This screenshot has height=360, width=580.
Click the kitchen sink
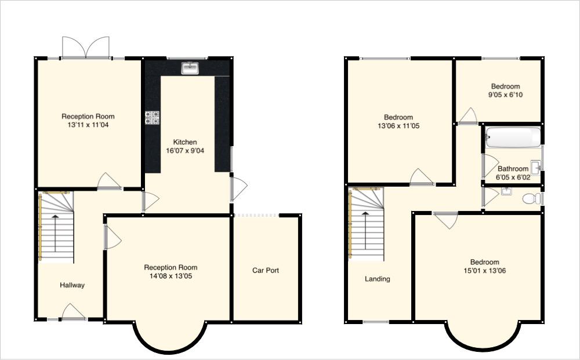click(190, 68)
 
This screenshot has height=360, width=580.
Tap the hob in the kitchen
click(152, 118)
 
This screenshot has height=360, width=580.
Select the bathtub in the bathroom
click(513, 137)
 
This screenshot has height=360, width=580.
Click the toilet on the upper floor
click(532, 199)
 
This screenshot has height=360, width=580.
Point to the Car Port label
click(266, 270)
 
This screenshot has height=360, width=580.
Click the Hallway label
click(72, 285)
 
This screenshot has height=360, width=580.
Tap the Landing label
click(378, 279)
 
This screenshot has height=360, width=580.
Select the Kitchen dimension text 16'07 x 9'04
click(185, 150)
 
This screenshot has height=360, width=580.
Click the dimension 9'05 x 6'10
click(506, 94)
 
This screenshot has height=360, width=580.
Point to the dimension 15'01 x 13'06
click(484, 271)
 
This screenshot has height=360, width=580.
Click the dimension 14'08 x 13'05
click(171, 276)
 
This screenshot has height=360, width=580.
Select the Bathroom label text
click(513, 169)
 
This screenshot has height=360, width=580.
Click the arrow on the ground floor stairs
click(55, 233)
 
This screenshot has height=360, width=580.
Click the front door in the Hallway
click(73, 312)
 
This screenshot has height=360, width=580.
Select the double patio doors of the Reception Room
click(86, 48)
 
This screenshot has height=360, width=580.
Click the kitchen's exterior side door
click(238, 189)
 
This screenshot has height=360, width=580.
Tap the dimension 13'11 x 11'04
click(88, 125)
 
